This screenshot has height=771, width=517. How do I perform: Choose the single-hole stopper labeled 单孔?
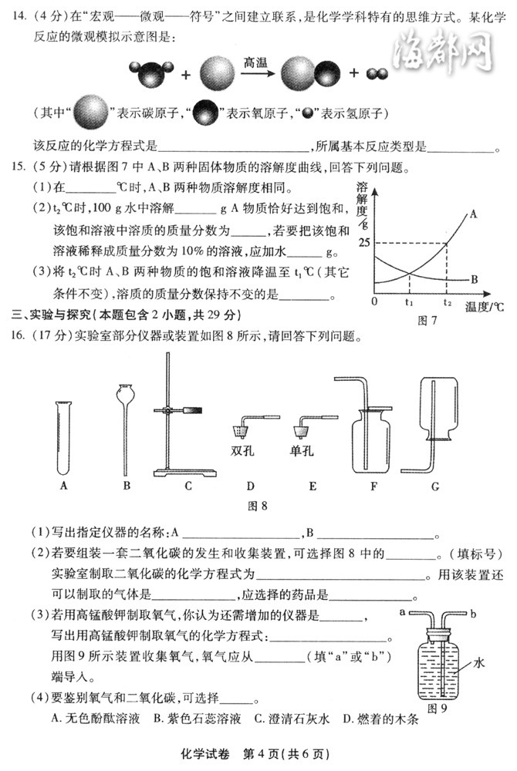(302, 426)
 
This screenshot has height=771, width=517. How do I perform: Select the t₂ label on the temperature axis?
(448, 303)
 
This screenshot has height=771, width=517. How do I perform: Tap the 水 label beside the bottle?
(478, 662)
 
